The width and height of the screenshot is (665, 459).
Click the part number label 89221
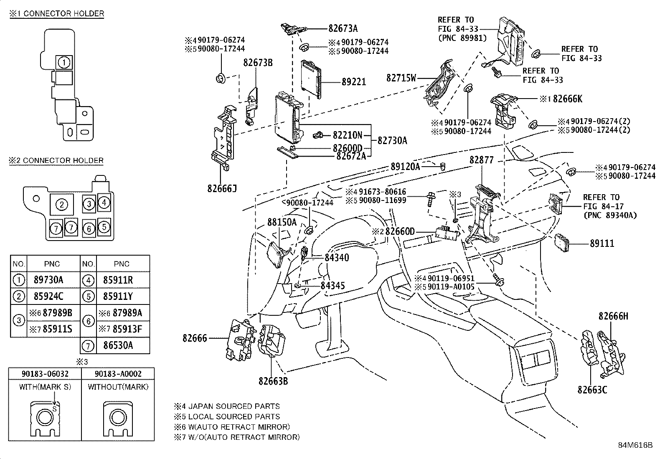pos(353,82)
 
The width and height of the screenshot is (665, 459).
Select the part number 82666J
pos(222,188)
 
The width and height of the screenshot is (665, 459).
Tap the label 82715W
pos(401,78)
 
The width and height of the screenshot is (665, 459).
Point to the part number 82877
pos(481,160)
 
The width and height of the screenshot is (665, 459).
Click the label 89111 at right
pos(602,243)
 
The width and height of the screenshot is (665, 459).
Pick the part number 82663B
pos(273,381)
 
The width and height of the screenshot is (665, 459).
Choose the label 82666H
pos(613,316)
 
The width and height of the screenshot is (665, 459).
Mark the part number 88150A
pos(282,222)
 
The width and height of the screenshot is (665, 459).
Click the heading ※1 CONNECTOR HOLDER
pos(56,14)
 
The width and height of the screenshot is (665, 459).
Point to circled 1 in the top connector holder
pos(63,63)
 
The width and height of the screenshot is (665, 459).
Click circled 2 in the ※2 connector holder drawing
pos(62,204)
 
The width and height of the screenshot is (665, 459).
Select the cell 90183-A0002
pos(118,373)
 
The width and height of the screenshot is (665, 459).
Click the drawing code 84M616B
pos(635,445)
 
